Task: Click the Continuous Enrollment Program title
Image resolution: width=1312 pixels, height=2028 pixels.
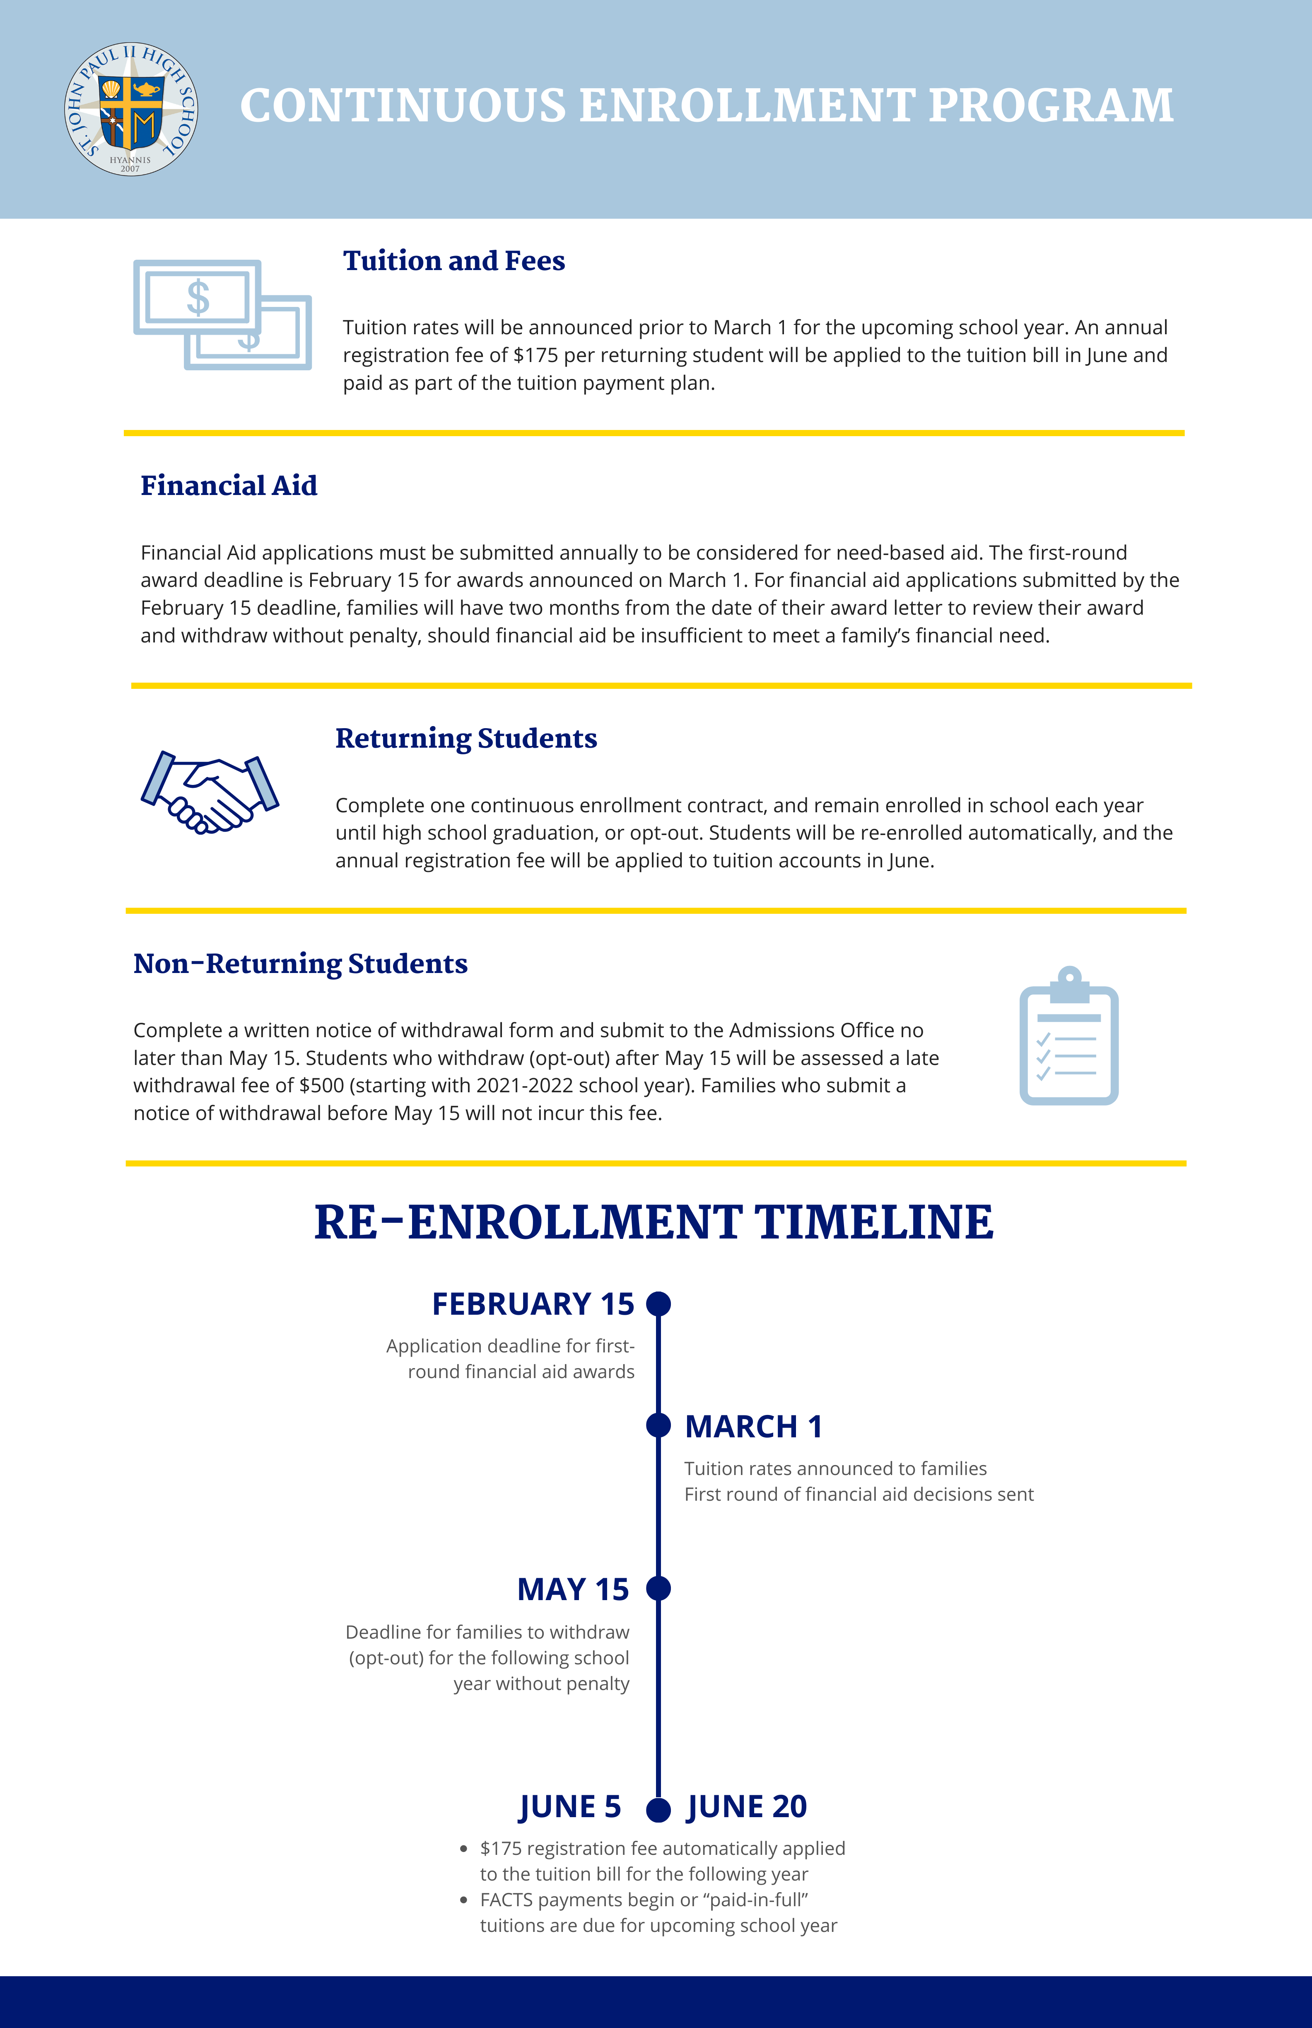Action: coord(706,106)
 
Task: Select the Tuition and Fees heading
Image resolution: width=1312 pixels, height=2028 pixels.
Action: coord(453,261)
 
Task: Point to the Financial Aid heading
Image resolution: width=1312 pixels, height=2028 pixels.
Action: coord(228,486)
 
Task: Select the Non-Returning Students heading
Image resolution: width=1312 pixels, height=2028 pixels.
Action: coord(300,964)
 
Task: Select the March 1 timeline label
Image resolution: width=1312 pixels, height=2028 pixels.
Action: coord(753,1427)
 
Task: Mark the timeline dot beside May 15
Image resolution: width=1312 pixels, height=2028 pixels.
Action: coord(658,1589)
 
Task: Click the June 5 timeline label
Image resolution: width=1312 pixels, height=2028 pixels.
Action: coord(570,1806)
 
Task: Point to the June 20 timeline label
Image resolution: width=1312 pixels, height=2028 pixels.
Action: coord(746,1806)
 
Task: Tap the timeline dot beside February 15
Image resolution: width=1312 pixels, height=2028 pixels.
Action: coord(658,1304)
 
